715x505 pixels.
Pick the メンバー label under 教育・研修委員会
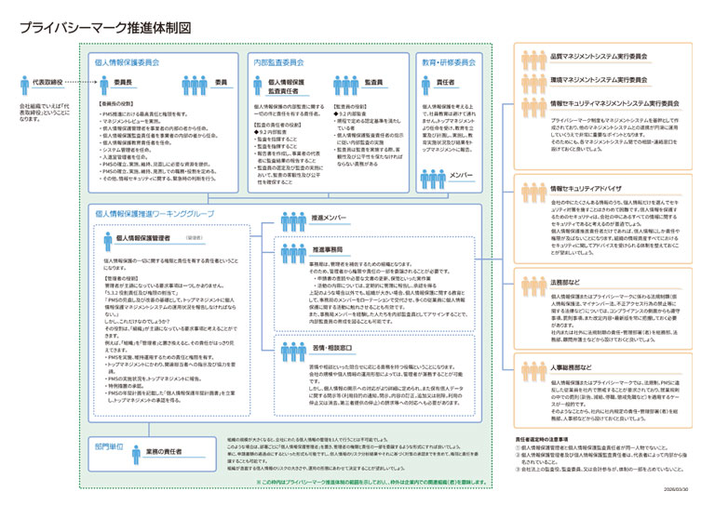[x=463, y=175]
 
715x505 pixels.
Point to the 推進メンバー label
[x=330, y=219]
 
